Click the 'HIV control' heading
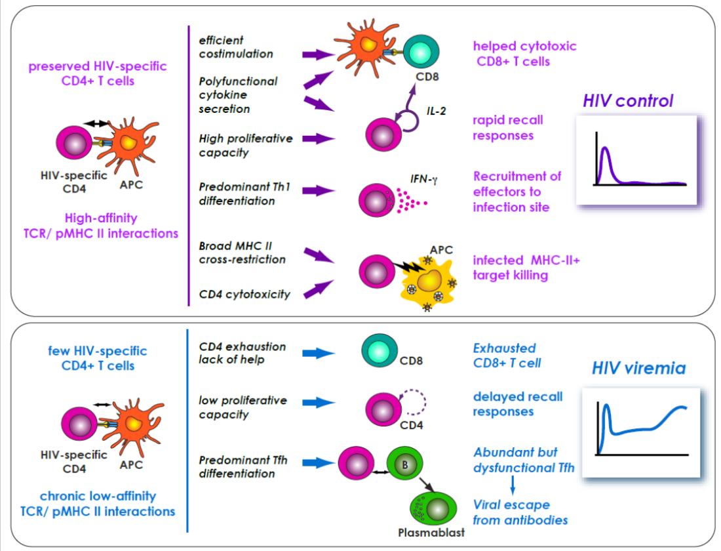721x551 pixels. (x=627, y=101)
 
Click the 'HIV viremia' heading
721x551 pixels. (x=638, y=368)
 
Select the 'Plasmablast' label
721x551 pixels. (x=431, y=532)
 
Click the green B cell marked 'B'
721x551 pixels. (x=405, y=465)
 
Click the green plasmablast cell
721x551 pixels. (x=430, y=508)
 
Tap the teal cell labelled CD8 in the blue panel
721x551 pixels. (x=380, y=353)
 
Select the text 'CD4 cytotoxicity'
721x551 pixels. (x=244, y=295)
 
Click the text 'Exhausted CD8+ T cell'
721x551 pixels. (x=507, y=355)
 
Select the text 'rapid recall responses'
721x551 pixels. (x=507, y=128)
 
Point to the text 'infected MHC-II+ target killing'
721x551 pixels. (x=526, y=268)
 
